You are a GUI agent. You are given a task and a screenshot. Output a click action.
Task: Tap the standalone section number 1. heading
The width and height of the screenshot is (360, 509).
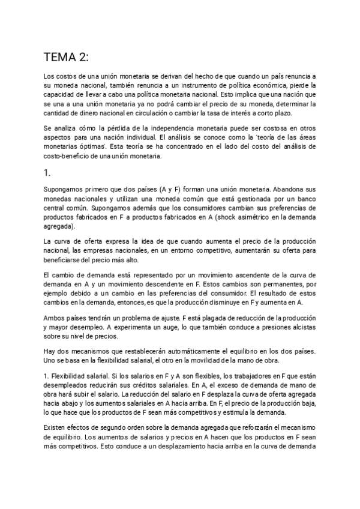47,172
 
